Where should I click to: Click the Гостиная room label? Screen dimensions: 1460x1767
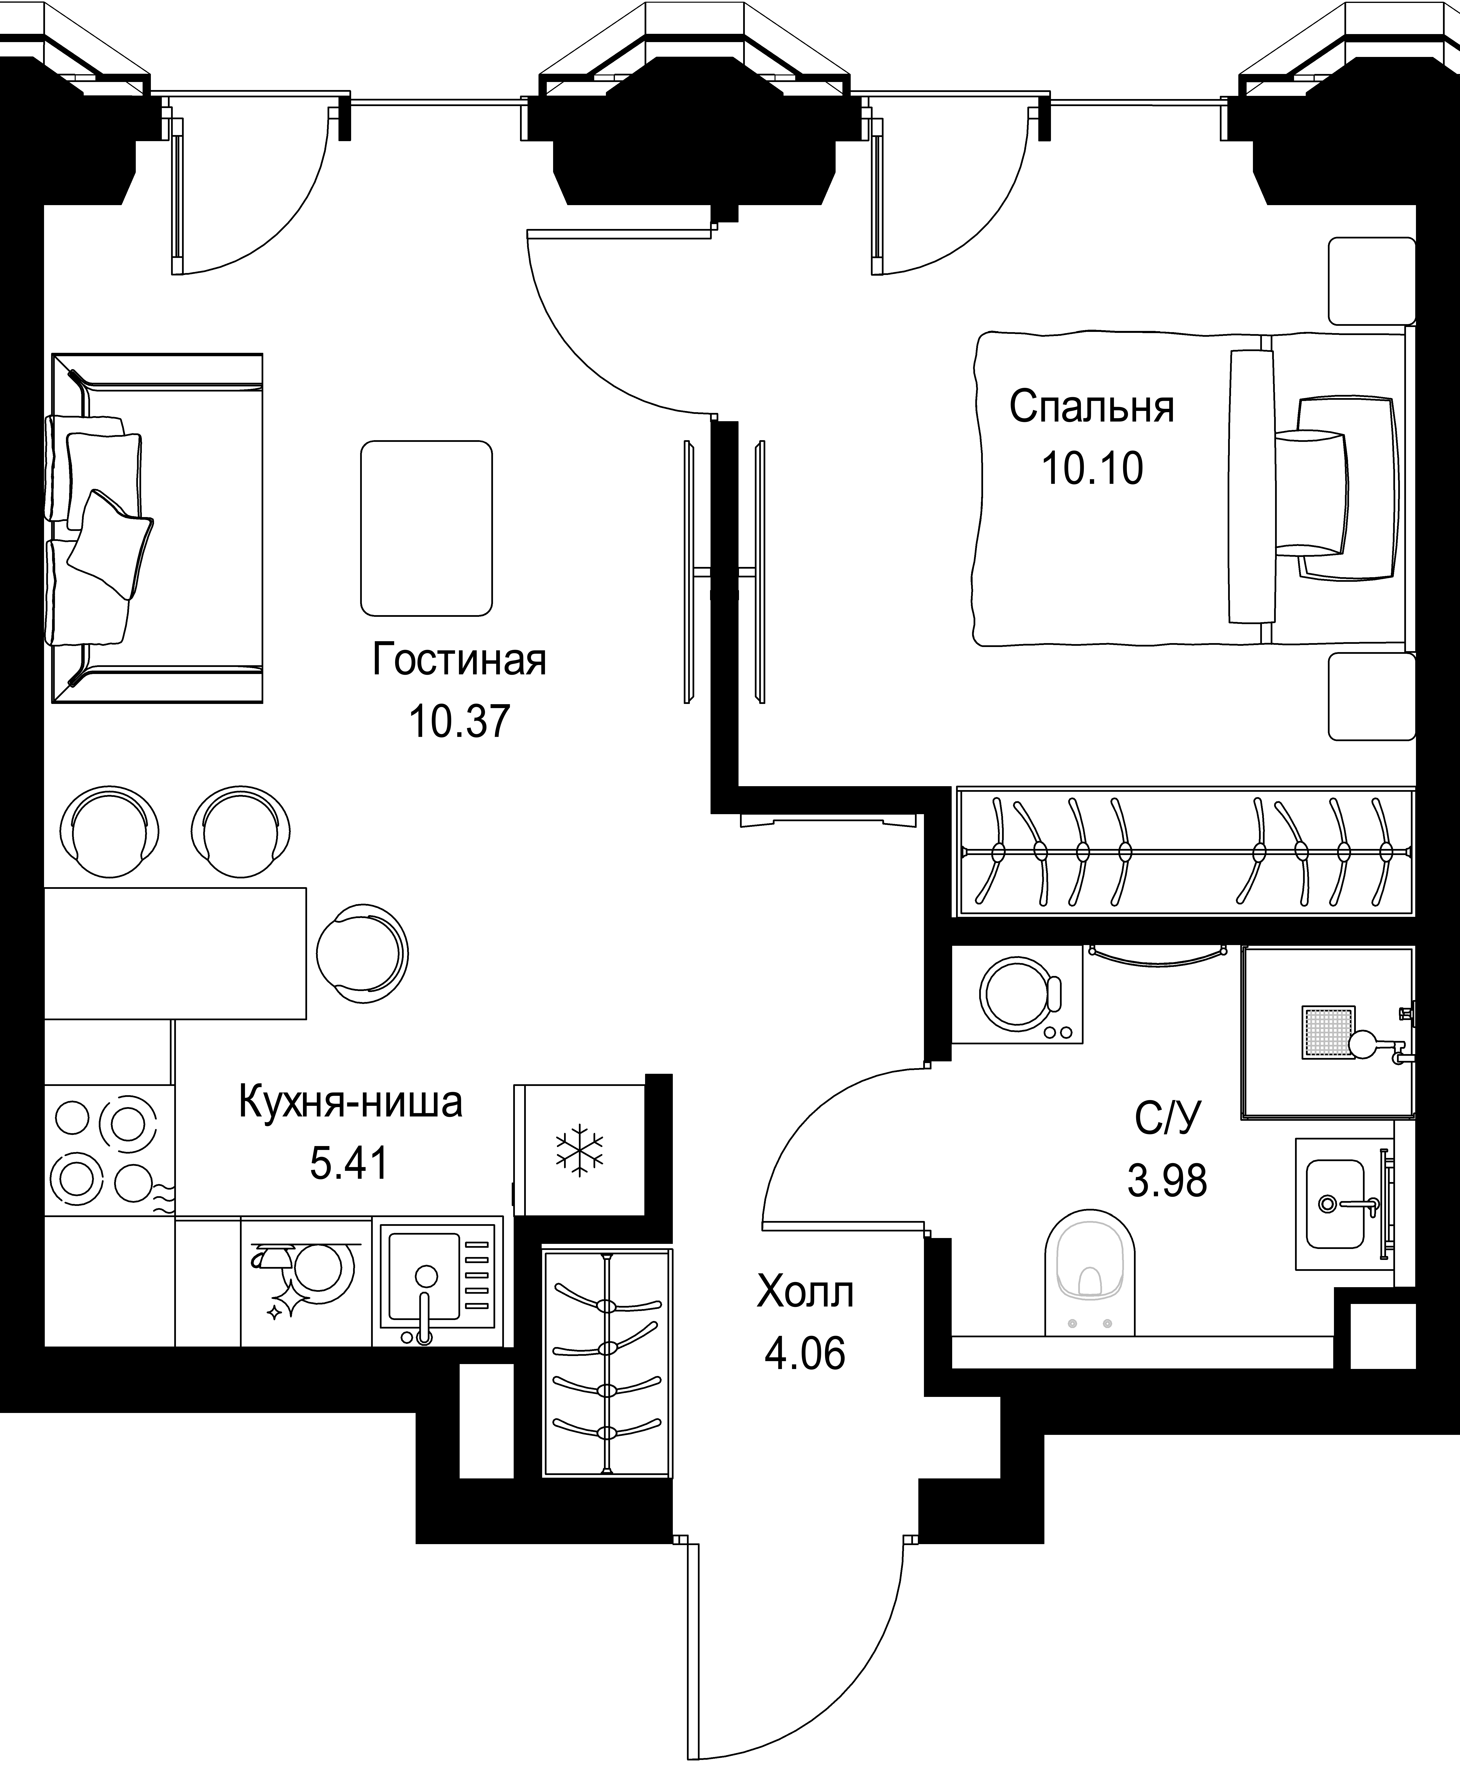point(459,660)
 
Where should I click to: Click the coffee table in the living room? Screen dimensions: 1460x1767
point(426,528)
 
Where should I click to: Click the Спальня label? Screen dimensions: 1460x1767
point(1092,407)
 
